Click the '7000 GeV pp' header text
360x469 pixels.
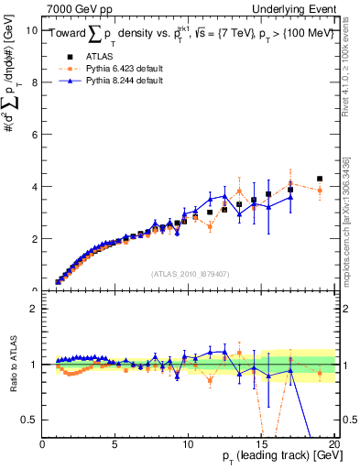[76, 7]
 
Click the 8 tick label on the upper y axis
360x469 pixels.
[32, 82]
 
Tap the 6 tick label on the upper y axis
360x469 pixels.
[32, 134]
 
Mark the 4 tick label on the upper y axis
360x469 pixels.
[32, 186]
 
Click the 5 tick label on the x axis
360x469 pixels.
[115, 444]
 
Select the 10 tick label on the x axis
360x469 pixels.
[188, 444]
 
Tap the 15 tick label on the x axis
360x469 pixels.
[261, 444]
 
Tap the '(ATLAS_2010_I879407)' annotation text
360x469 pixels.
[190, 273]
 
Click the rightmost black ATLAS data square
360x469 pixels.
[320, 179]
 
